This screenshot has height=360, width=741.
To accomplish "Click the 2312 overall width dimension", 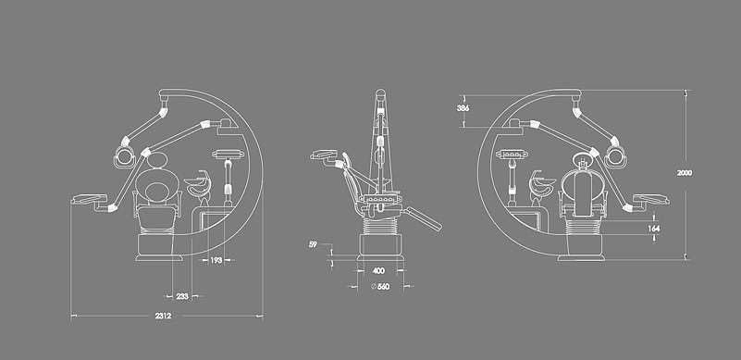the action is coord(163,316).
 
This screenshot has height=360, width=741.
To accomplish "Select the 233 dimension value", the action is coord(182,297).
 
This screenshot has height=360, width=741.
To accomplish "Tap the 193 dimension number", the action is coord(216,260).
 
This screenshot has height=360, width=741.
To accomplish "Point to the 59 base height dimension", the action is coord(313,244).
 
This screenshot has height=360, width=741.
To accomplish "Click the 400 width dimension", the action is coord(378,271).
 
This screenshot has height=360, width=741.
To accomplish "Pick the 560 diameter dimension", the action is coord(380,286).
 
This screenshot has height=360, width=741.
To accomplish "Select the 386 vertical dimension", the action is coord(463,108).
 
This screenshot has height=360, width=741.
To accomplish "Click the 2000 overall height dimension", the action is coord(685,173).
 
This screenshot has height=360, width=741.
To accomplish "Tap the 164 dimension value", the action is coord(654,229).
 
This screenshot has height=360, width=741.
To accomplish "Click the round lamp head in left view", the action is coord(125,156).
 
